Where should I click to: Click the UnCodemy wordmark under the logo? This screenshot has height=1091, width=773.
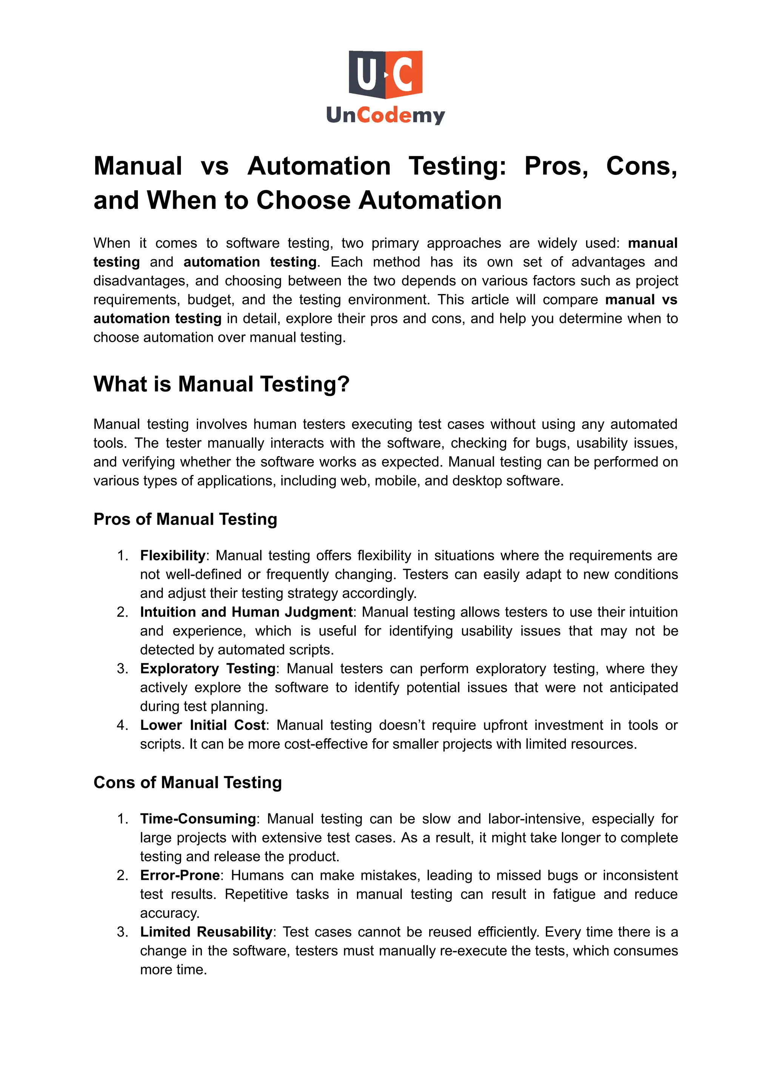[x=385, y=115]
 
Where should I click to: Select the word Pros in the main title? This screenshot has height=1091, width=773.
[x=556, y=166]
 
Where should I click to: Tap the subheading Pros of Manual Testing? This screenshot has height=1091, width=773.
[x=185, y=519]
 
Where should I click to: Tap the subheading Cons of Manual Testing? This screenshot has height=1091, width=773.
[x=188, y=783]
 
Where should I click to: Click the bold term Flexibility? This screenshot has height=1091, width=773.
[x=172, y=555]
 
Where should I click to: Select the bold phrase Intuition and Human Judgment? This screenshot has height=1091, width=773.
[x=246, y=612]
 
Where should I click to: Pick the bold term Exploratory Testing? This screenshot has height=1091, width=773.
[x=208, y=669]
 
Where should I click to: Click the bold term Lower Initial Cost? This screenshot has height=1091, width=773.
[x=202, y=725]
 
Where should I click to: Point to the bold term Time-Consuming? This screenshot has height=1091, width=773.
[x=197, y=819]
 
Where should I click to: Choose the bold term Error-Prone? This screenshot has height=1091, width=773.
[x=179, y=876]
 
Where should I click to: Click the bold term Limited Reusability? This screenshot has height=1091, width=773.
[x=206, y=932]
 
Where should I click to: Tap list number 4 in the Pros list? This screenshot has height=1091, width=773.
[x=122, y=725]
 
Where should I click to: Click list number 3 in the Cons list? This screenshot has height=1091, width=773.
[x=122, y=932]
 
